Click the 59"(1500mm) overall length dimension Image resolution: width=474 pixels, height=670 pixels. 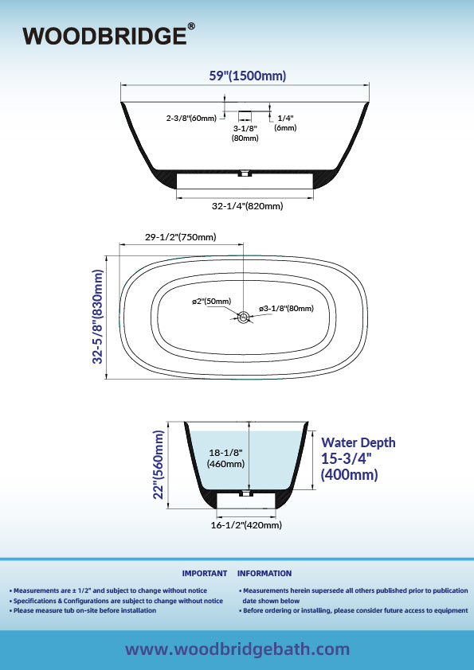tap(247, 76)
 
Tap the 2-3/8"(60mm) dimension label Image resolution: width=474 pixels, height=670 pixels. tap(191, 118)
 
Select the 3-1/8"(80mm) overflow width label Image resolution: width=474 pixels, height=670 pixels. tap(245, 133)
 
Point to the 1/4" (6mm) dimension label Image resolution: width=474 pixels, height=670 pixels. tap(285, 123)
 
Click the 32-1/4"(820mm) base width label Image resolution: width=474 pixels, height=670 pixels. tap(247, 206)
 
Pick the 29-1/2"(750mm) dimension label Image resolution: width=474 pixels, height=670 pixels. tap(180, 236)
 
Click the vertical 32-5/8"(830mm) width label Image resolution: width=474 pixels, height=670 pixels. tap(97, 317)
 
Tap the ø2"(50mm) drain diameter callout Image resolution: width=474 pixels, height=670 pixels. tap(211, 302)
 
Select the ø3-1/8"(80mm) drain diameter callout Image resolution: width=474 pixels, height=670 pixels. tap(286, 308)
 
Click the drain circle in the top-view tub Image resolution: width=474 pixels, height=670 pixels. tap(244, 317)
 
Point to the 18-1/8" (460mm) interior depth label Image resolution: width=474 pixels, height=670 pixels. tap(225, 458)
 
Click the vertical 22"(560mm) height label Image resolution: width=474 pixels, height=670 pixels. tap(159, 465)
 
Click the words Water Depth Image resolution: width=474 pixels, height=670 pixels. tap(358, 442)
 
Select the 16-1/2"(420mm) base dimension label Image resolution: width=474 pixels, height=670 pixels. tap(246, 525)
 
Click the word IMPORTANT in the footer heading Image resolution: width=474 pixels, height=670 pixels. tap(205, 574)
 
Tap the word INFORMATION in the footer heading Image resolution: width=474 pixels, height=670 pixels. tap(264, 574)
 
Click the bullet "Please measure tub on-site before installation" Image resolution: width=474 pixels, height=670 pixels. tap(83, 610)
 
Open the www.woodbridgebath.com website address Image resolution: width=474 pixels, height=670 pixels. tap(237, 649)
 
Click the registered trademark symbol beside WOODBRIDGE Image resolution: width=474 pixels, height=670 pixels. tap(191, 26)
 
